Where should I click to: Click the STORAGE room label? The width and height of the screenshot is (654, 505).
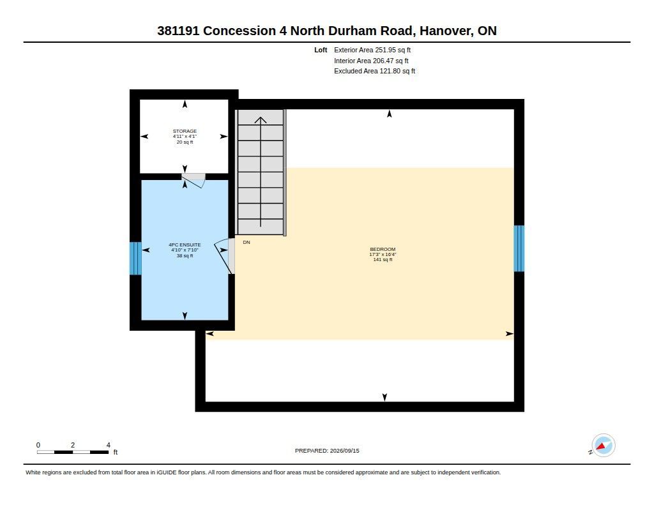pos(185,131)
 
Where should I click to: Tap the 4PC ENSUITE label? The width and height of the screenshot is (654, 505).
pos(185,245)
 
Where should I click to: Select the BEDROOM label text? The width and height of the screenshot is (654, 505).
pos(383,250)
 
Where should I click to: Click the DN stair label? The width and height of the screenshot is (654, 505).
pos(247,242)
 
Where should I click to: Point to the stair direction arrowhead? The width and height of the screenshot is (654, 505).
pos(261,120)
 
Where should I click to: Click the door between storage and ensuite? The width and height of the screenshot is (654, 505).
pos(194,181)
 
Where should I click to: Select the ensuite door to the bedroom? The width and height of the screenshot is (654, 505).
pos(225,256)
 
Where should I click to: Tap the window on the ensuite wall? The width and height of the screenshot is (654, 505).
pos(135,259)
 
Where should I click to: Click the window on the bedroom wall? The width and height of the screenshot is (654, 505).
pos(519,248)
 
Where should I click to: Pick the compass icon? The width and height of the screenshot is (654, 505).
pos(603,446)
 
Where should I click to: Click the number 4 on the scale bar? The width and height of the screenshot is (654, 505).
pos(109,445)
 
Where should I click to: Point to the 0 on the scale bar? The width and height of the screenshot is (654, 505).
pos(38,445)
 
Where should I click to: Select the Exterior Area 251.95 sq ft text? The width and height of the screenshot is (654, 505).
pos(372,50)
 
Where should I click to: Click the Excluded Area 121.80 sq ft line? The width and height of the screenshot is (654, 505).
pos(374,72)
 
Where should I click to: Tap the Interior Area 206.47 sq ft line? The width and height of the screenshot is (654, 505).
pos(371,61)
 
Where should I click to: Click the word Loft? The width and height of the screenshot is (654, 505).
pos(321,50)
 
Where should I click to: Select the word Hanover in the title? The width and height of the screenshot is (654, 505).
pos(446,31)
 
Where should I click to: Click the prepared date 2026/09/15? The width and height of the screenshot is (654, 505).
pos(344,451)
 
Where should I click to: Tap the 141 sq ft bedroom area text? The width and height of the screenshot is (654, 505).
pos(383,259)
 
